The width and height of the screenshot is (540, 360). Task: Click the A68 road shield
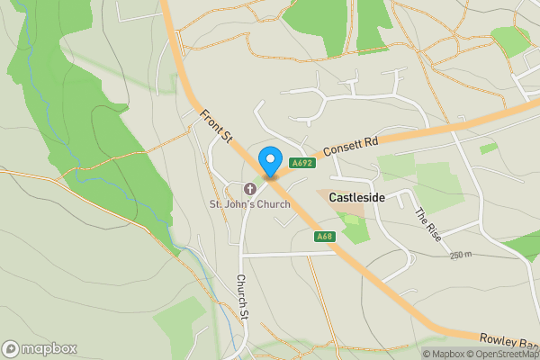[325, 237]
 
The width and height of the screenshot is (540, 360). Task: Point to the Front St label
[216, 125]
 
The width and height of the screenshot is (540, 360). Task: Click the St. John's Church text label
[250, 204]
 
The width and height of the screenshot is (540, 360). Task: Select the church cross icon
[249, 188]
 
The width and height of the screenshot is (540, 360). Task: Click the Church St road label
[241, 296]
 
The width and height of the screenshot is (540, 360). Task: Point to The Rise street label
[427, 224]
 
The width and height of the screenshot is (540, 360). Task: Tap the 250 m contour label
[460, 255]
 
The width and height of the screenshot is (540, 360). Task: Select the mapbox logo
[40, 348]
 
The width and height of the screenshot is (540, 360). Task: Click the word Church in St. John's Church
[271, 204]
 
